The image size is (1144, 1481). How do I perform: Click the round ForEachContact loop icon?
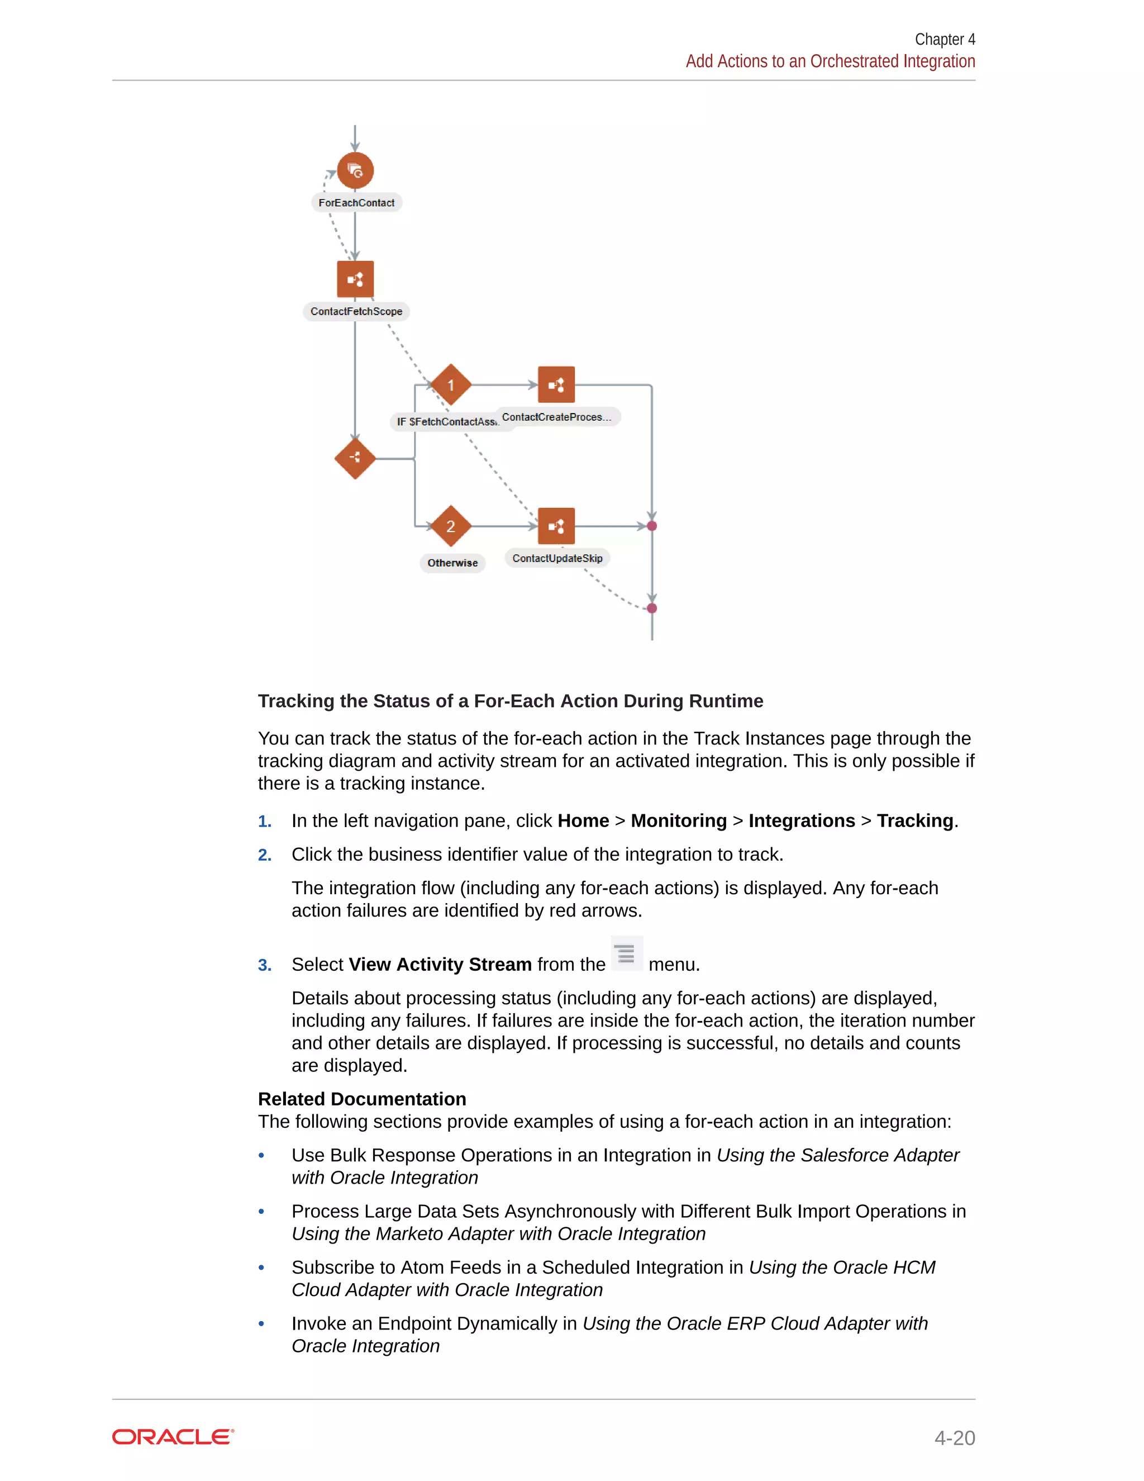pyautogui.click(x=355, y=171)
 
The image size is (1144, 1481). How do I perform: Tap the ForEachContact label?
pyautogui.click(x=356, y=203)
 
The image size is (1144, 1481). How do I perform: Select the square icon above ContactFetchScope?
pyautogui.click(x=355, y=279)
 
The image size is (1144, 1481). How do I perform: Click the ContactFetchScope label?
pyautogui.click(x=356, y=311)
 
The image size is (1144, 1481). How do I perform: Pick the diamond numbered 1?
pyautogui.click(x=451, y=385)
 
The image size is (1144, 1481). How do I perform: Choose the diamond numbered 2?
pyautogui.click(x=451, y=526)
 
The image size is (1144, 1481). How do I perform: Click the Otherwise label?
pyautogui.click(x=452, y=563)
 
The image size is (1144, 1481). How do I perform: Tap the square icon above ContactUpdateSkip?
pyautogui.click(x=556, y=526)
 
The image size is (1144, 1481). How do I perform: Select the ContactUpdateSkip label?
pyautogui.click(x=557, y=558)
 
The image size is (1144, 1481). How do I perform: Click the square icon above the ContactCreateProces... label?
pyautogui.click(x=556, y=385)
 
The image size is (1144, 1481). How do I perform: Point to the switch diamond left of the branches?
pyautogui.click(x=355, y=458)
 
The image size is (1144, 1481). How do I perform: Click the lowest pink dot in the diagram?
pyautogui.click(x=652, y=608)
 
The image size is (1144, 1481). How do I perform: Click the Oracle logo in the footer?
pyautogui.click(x=173, y=1436)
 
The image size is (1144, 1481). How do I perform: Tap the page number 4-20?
pyautogui.click(x=954, y=1437)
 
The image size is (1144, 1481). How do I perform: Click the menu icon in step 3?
pyautogui.click(x=627, y=953)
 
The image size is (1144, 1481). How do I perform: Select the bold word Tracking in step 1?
pyautogui.click(x=914, y=820)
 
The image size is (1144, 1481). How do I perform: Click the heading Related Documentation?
pyautogui.click(x=362, y=1099)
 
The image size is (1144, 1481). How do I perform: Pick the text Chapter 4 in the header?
pyautogui.click(x=945, y=39)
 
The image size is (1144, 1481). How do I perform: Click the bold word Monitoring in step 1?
pyautogui.click(x=678, y=820)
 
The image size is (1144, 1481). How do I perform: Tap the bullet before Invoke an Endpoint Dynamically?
pyautogui.click(x=261, y=1323)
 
